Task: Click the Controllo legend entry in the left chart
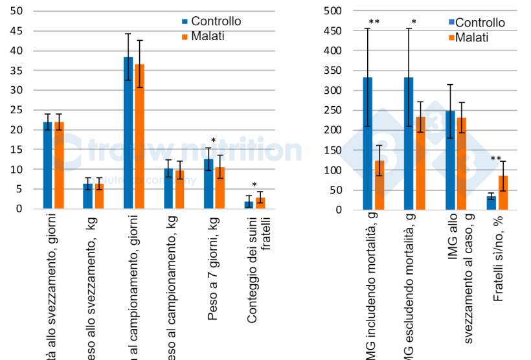coord(211,21)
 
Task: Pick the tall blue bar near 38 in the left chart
coord(128,133)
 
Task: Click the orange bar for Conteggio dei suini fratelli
coord(260,203)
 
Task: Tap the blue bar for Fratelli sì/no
coord(491,202)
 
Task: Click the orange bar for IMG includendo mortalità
coord(379,185)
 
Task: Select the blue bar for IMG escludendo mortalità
coord(409,143)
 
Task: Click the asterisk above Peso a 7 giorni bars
coord(214,141)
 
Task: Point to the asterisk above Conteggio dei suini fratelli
coord(254,185)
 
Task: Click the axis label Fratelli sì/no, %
coord(499,265)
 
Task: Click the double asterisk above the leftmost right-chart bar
coord(374,23)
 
